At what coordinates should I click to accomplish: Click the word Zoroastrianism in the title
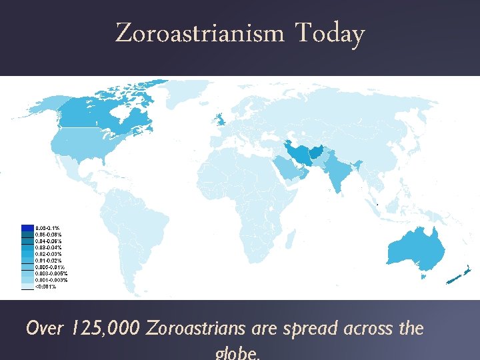pos(200,33)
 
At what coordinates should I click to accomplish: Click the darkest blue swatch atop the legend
pos(28,228)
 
